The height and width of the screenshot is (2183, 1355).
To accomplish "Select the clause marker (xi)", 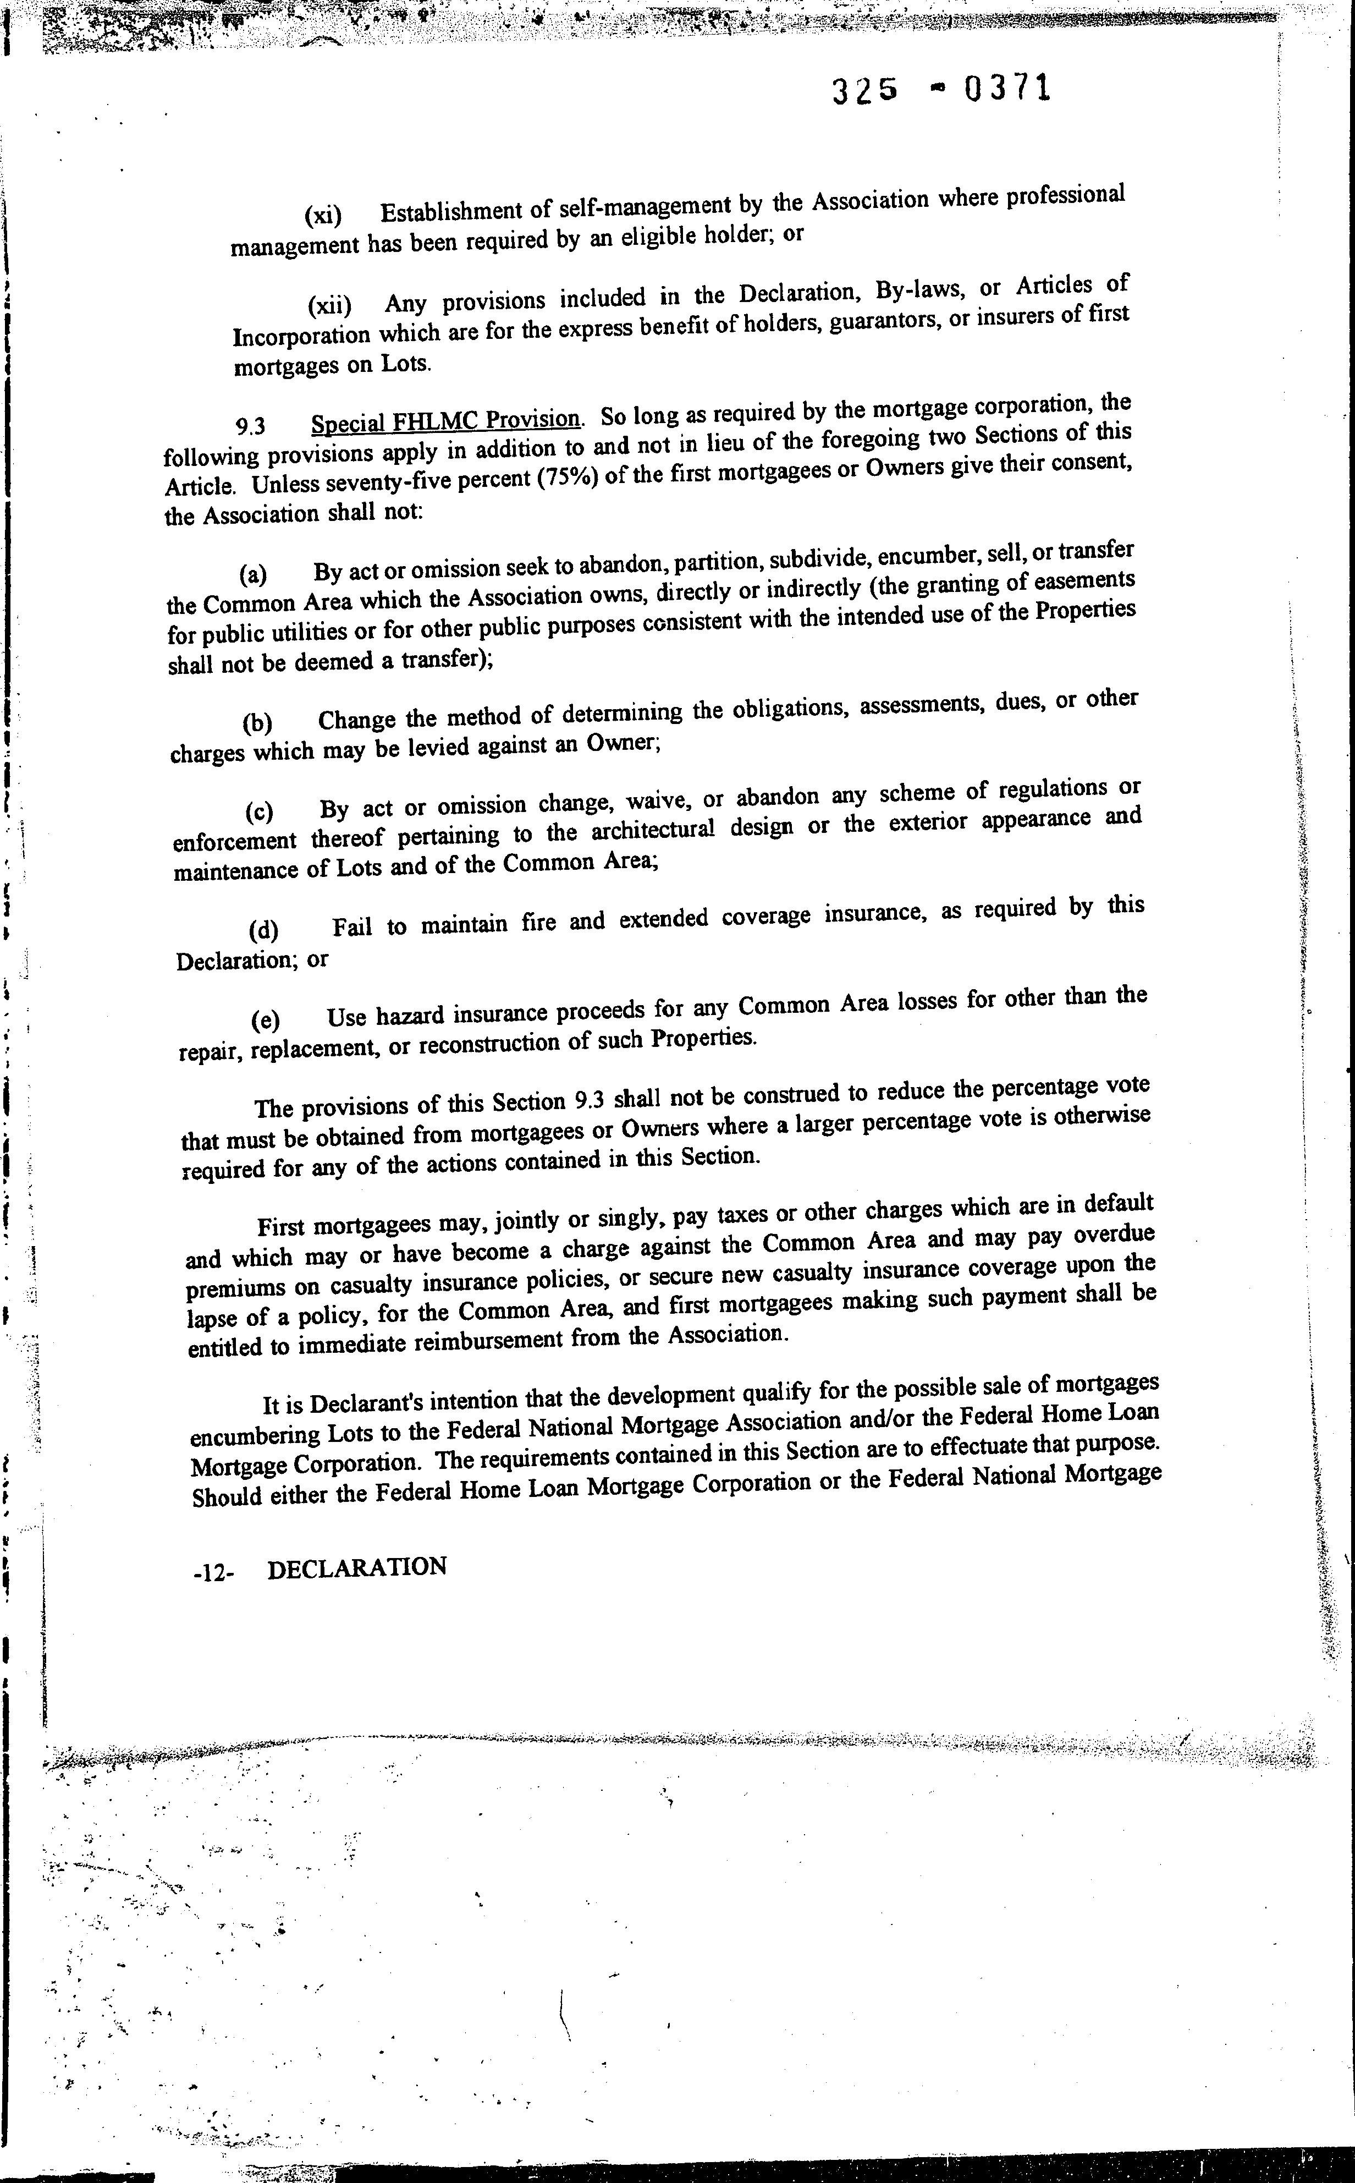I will pos(323,215).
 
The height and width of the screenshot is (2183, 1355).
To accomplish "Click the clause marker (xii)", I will pos(330,306).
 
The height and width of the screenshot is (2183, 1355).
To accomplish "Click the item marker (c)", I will pos(260,811).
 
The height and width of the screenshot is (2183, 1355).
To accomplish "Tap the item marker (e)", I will pos(265,1019).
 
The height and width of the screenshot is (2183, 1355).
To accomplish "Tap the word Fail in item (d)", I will pos(352,926).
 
